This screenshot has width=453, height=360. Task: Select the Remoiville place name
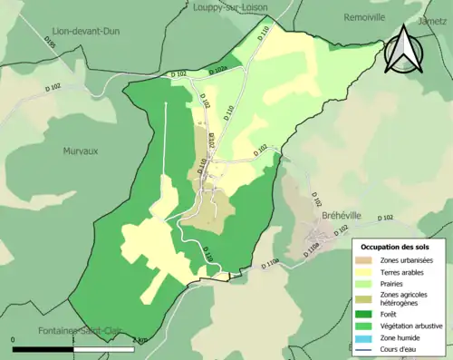click(365, 16)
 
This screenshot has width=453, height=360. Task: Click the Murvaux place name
click(82, 151)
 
